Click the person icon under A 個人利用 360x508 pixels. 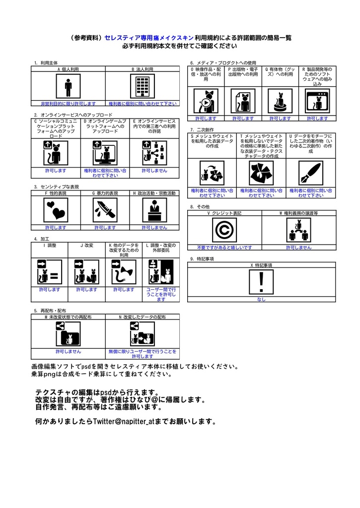point(68,88)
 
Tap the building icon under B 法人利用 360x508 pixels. point(143,88)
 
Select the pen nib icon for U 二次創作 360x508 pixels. point(311,173)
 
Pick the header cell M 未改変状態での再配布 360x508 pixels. point(68,317)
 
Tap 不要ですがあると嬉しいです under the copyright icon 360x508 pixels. point(224,247)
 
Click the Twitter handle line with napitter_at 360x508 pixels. point(126,422)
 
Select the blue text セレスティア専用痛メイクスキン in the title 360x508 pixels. point(149,37)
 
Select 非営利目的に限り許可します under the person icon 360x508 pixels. point(68,104)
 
